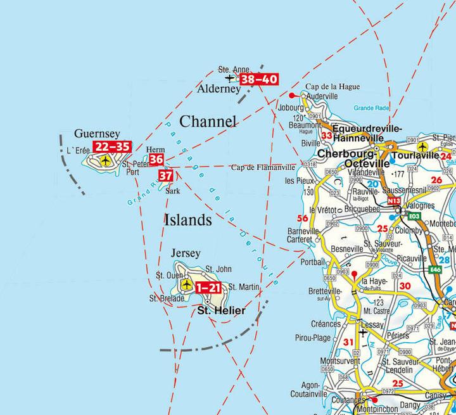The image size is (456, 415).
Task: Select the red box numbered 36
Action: point(156,160)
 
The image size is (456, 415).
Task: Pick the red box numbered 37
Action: point(165,176)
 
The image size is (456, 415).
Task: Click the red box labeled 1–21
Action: point(209,287)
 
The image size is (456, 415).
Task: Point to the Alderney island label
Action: point(218,89)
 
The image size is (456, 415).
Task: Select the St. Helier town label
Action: point(221,311)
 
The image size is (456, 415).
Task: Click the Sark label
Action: point(173,190)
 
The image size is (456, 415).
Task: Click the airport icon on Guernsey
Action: point(105,161)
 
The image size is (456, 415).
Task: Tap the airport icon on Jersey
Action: point(186,285)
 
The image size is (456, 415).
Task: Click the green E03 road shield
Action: point(415,216)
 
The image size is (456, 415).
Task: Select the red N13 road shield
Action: point(395,201)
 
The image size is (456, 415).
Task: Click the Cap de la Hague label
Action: point(324,87)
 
